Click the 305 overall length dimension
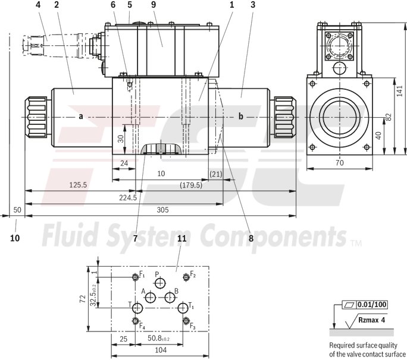(x=162, y=209)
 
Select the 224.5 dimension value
(x=127, y=198)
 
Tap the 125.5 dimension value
(x=78, y=185)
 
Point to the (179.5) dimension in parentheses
(x=191, y=185)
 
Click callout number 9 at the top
(x=153, y=5)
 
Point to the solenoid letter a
(x=80, y=117)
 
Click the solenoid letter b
(x=241, y=117)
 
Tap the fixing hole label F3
(x=192, y=326)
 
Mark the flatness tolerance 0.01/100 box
(x=372, y=305)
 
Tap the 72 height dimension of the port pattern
(x=83, y=299)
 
